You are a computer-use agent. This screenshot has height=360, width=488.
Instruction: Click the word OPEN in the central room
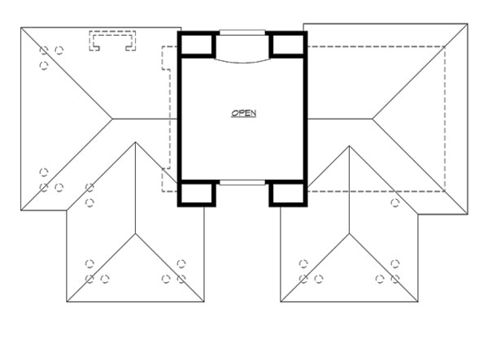(x=243, y=114)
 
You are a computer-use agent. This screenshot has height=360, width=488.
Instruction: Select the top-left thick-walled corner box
(x=196, y=46)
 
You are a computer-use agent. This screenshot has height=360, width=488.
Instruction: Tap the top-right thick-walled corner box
(x=287, y=46)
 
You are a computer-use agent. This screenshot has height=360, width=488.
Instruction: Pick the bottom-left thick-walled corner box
(x=196, y=193)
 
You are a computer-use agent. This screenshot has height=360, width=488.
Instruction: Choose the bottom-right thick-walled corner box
(x=287, y=193)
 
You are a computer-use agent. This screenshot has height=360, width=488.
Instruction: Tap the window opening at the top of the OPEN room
(x=242, y=33)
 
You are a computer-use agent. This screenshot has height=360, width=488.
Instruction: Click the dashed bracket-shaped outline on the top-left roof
(x=112, y=40)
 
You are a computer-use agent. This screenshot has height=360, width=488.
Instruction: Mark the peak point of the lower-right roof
(x=349, y=146)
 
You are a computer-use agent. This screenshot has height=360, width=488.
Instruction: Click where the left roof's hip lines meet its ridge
(x=111, y=119)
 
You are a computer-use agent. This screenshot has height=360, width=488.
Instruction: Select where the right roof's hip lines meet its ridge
(x=373, y=119)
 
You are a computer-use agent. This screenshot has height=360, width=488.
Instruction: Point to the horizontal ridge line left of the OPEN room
(x=146, y=119)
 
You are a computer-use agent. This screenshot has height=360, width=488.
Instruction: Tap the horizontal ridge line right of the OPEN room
(x=338, y=119)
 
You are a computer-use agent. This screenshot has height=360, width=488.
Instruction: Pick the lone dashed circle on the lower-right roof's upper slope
(x=394, y=202)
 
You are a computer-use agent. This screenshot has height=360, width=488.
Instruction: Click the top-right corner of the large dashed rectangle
(x=446, y=46)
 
